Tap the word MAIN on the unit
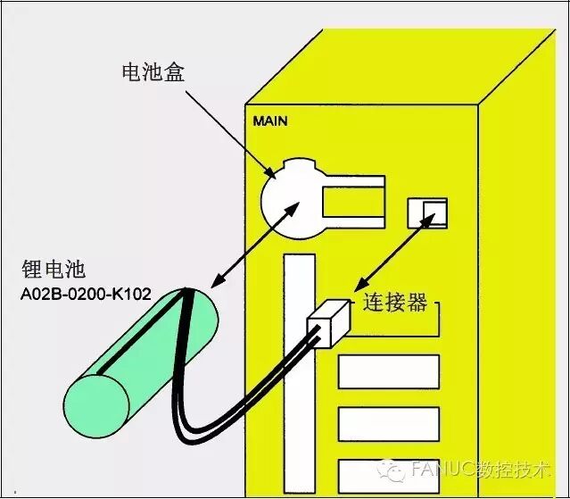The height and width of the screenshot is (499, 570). [x=270, y=121]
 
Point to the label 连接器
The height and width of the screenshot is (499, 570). [x=394, y=303]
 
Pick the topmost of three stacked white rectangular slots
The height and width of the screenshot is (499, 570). [x=388, y=371]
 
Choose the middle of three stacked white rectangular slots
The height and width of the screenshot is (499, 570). [x=388, y=423]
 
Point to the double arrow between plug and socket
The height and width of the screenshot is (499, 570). [x=389, y=259]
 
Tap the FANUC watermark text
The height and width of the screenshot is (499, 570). [x=482, y=470]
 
